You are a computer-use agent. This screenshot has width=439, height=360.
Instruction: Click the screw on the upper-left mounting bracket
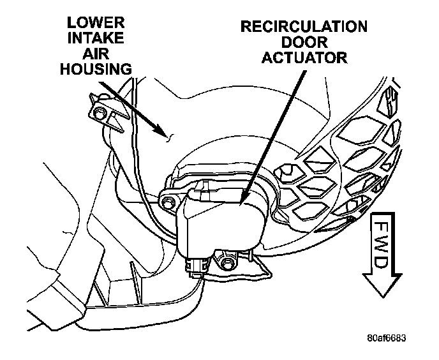pos(100,113)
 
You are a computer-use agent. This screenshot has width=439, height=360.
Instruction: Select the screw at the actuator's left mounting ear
pos(168,203)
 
